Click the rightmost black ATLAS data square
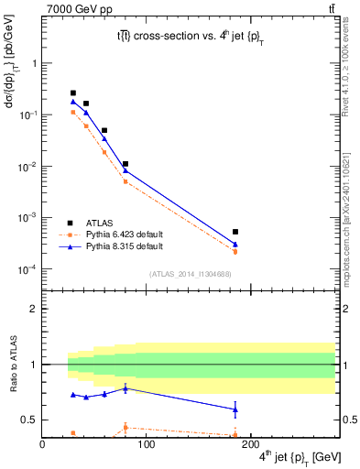[235, 232]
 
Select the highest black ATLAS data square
[73, 93]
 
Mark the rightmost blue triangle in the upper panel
[235, 245]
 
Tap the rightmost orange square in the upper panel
[235, 251]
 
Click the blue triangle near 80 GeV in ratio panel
[125, 388]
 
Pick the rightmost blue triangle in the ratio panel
[235, 409]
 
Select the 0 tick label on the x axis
[42, 446]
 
